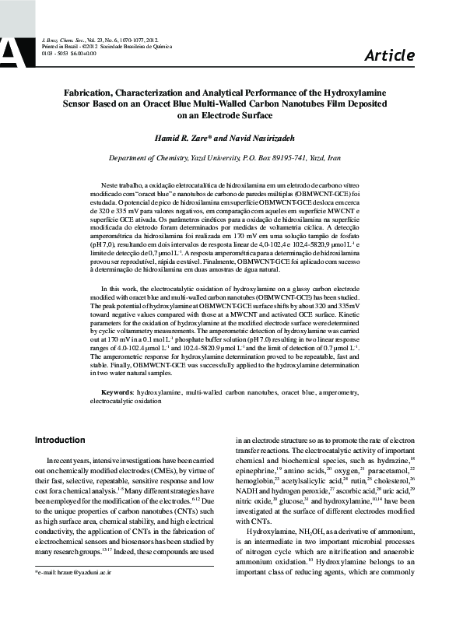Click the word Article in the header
pos(389,54)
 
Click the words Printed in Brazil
pos(60,46)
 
